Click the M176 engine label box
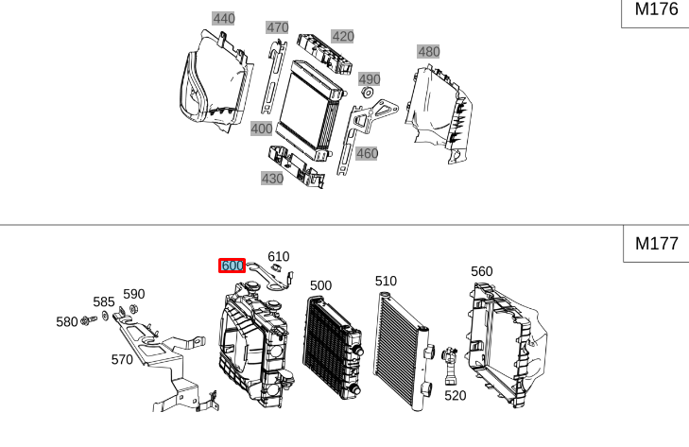(655, 10)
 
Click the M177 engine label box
(655, 243)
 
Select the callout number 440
(223, 19)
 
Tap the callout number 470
(277, 27)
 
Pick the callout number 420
(342, 37)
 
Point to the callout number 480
(428, 51)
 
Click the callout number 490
(369, 79)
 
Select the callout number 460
(367, 153)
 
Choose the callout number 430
(271, 178)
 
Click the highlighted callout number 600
(232, 266)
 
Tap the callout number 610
(278, 256)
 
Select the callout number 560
(481, 271)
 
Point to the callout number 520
(455, 395)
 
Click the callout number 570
(122, 359)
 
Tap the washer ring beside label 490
(368, 94)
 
